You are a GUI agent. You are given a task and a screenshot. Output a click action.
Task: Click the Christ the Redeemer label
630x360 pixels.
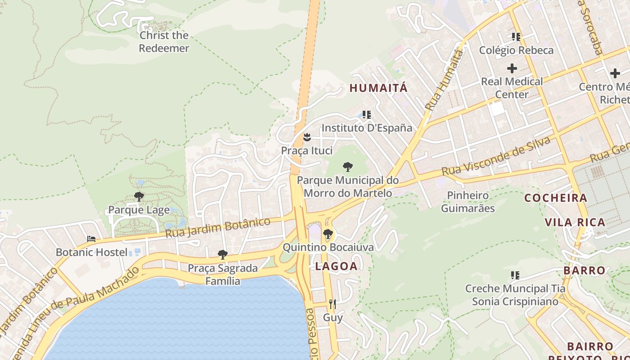coord(164,41)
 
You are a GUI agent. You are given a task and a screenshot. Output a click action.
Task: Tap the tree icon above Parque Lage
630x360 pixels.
coord(139,197)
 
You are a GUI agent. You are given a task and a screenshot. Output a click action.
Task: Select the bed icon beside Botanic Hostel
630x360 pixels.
coord(92,239)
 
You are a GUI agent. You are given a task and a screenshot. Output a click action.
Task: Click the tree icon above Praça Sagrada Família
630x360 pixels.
coord(222,255)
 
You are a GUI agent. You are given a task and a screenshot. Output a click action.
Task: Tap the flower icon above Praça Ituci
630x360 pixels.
coord(307,136)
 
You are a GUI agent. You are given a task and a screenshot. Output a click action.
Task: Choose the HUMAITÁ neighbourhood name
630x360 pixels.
coord(378,88)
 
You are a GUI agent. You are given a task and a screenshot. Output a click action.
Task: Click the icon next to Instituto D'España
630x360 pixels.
coord(367,115)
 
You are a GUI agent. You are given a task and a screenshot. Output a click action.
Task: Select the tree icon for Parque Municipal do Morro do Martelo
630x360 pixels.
coord(347,167)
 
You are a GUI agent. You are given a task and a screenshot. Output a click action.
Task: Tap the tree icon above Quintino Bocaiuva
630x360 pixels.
coord(328,234)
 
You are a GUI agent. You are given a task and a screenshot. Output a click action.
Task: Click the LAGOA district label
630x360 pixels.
coord(336,266)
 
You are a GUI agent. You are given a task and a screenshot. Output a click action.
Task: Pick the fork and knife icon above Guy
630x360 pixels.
coord(333,304)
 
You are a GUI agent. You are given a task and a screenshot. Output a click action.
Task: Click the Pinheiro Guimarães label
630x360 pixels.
coord(468,202)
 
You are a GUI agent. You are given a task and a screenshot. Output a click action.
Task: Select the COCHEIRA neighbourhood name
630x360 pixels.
coord(556,198)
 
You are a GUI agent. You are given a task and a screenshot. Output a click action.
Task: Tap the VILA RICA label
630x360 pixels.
coord(575,222)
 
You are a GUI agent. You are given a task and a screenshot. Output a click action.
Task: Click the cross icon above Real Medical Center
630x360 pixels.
coord(512,68)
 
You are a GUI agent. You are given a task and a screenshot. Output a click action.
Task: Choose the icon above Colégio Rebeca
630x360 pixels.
coord(516,37)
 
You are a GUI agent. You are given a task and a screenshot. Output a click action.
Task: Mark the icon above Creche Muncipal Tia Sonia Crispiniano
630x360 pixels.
coord(515,275)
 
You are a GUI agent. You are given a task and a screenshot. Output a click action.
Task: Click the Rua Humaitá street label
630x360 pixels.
coord(444,81)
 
